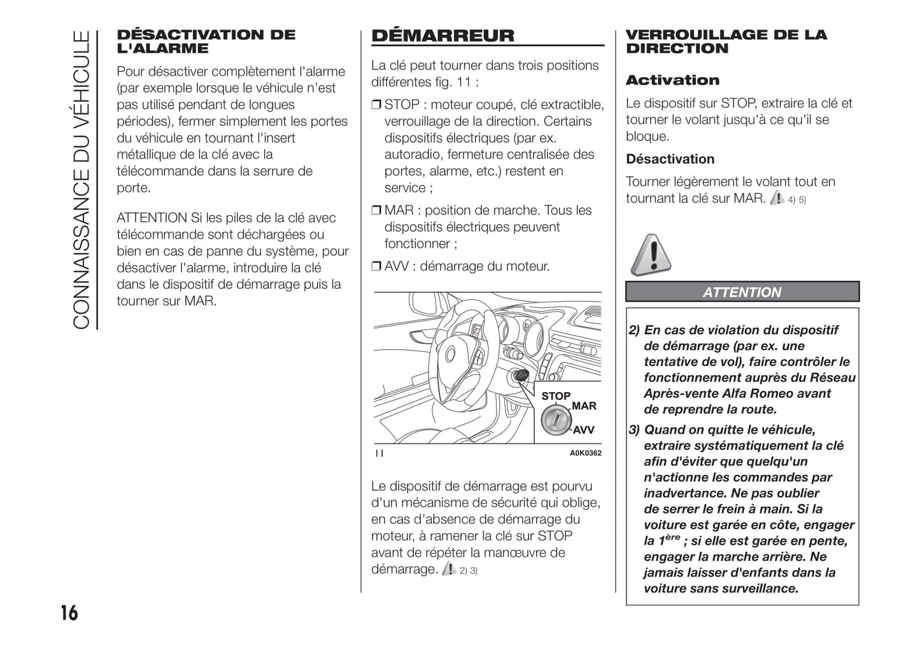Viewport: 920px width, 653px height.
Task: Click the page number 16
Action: click(69, 613)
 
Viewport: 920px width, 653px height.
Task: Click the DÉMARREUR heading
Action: click(442, 36)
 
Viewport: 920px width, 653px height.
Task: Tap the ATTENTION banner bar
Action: click(742, 292)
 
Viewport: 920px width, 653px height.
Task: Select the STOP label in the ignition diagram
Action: click(555, 396)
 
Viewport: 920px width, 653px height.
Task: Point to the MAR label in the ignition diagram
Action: click(584, 406)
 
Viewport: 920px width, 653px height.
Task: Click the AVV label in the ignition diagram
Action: click(583, 430)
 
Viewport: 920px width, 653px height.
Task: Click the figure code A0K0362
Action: click(585, 453)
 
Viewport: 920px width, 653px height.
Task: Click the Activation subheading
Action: click(672, 80)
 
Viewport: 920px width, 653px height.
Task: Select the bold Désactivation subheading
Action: click(670, 159)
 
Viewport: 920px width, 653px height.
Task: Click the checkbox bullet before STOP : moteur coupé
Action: click(376, 105)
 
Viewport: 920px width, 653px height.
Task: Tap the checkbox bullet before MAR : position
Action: click(376, 211)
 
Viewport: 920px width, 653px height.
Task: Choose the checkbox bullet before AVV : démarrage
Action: click(376, 267)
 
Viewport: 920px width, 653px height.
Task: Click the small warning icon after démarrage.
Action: click(448, 568)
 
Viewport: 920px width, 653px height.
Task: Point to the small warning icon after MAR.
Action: click(777, 198)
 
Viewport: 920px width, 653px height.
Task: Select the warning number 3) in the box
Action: click(634, 430)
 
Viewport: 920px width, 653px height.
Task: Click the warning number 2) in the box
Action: click(634, 330)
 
